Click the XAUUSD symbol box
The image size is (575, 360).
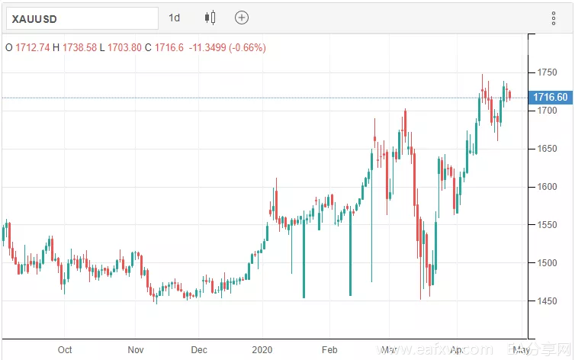point(80,18)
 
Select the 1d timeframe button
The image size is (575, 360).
point(175,18)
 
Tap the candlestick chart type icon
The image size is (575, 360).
point(210,18)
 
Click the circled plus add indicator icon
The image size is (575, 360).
point(242,18)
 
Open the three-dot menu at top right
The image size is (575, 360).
point(554,18)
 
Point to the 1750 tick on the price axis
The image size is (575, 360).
point(546,72)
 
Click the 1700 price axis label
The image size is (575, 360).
point(546,111)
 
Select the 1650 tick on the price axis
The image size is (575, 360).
point(546,149)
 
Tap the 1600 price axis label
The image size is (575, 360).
point(546,187)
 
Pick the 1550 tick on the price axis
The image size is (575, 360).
point(546,225)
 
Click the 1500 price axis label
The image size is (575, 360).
point(546,263)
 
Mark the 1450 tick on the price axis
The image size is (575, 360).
point(546,301)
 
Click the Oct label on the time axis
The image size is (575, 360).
point(65,350)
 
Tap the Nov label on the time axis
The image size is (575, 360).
point(135,350)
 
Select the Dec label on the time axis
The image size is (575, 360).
point(199,350)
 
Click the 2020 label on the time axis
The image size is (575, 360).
point(262,350)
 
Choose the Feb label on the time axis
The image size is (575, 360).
point(329,350)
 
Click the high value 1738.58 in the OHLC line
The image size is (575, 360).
point(78,47)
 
